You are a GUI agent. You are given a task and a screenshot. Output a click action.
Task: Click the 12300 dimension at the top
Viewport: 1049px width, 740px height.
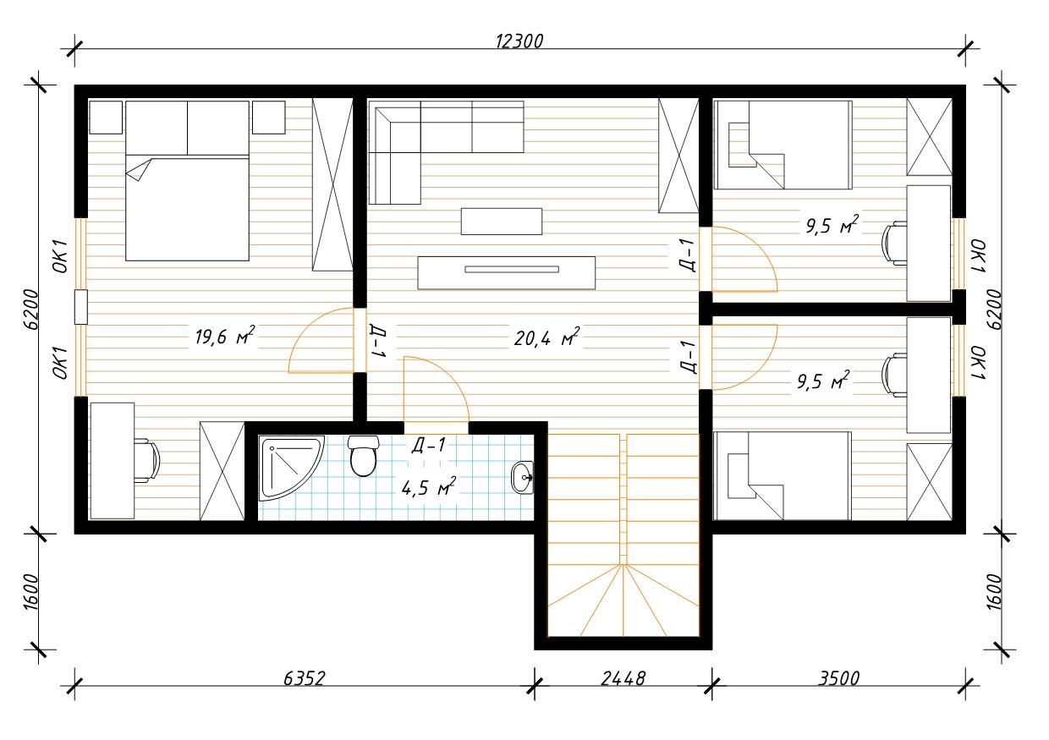coord(519,41)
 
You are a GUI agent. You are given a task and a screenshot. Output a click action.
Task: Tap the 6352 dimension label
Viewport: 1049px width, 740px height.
coord(305,678)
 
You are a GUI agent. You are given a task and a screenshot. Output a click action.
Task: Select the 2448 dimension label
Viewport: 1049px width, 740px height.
coord(623,678)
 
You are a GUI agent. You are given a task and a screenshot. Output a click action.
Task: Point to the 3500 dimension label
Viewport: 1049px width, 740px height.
coord(838,678)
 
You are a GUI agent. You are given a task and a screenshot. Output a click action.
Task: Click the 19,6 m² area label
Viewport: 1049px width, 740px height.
coord(225,336)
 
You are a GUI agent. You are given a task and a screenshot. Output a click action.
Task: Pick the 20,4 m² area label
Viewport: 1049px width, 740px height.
coord(547,337)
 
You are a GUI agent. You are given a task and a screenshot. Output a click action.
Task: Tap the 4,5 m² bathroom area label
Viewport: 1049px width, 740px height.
coord(429,487)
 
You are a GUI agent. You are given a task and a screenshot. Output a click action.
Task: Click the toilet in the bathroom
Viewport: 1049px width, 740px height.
coord(363,456)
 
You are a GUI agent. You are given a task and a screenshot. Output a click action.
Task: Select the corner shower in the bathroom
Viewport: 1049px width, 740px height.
coord(291,468)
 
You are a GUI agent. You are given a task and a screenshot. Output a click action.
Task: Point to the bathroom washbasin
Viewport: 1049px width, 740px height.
coord(522,478)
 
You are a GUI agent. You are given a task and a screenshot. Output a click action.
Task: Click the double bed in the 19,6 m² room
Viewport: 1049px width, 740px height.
coord(187,181)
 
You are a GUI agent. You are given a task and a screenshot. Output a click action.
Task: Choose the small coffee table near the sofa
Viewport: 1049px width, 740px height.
coord(502,222)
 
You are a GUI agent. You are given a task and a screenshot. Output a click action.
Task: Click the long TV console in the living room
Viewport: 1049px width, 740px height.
coord(506,273)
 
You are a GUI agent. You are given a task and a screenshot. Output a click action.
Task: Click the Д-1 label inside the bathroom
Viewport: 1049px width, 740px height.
coord(429,445)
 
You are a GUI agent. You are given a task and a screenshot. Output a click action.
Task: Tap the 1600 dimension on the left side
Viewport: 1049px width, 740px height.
coord(31,592)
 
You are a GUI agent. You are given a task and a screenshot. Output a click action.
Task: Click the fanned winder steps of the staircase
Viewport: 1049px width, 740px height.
coord(623,600)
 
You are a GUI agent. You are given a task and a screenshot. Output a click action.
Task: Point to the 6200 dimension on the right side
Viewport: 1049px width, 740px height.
coord(993,309)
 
